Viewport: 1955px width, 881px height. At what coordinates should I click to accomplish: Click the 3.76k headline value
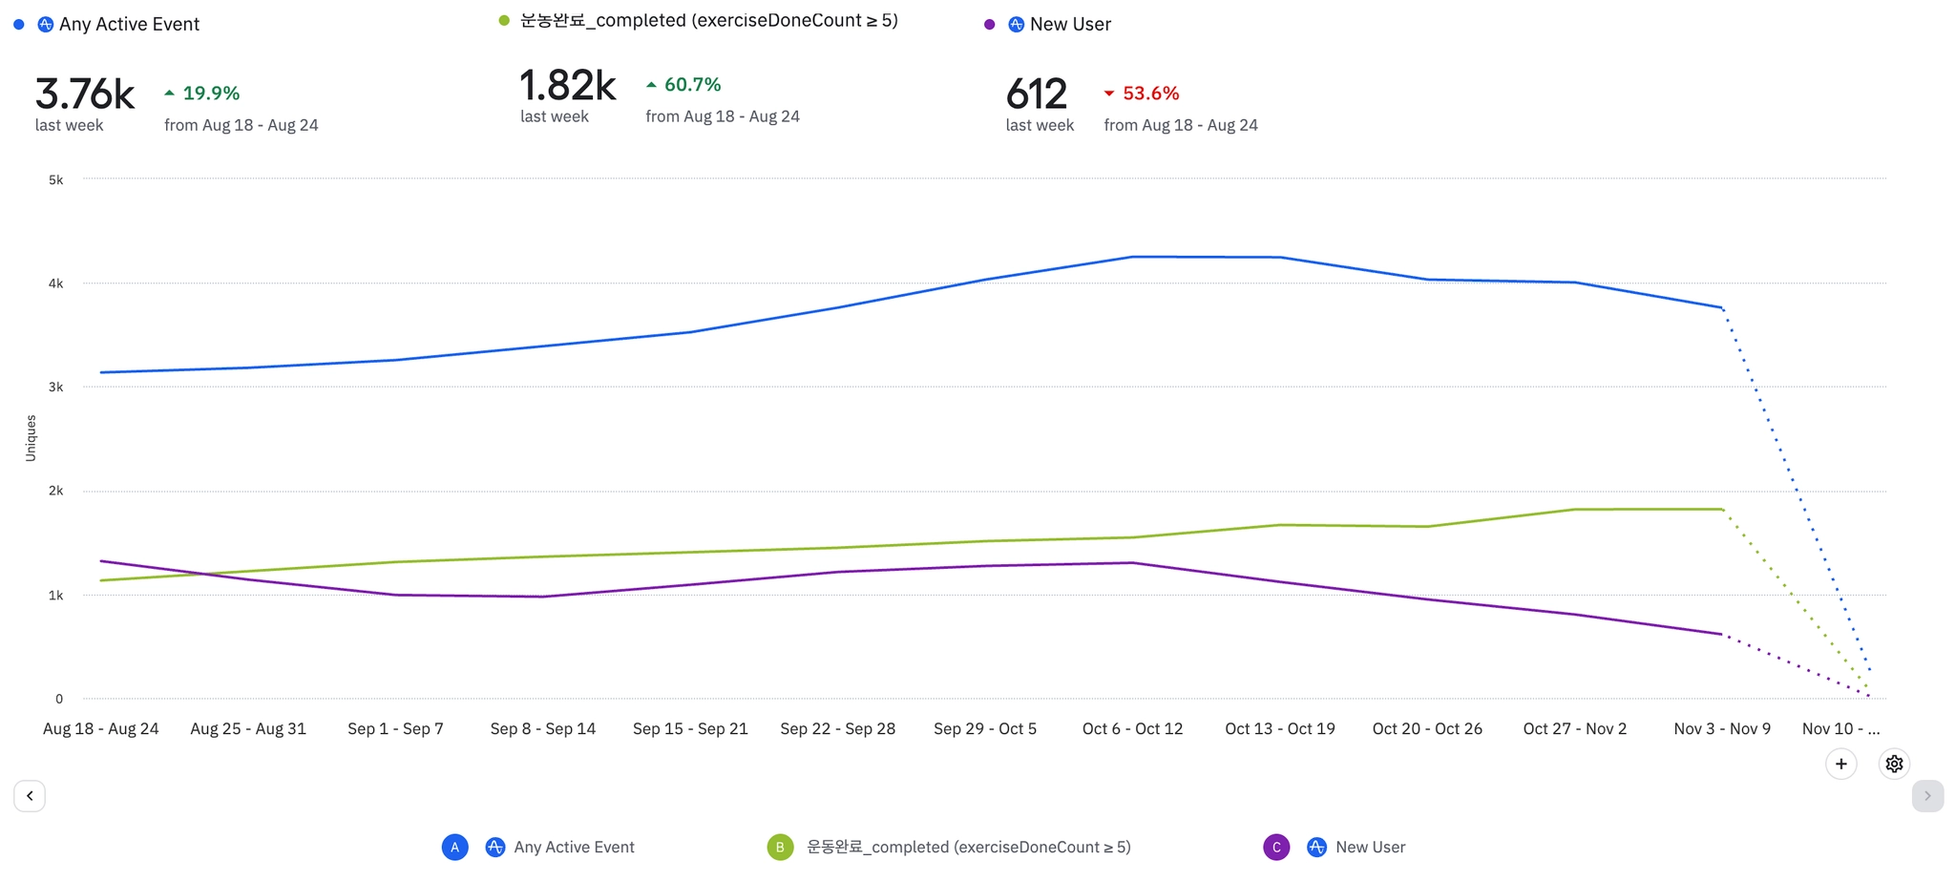(84, 94)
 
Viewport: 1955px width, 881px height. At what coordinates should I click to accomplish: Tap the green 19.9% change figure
(210, 94)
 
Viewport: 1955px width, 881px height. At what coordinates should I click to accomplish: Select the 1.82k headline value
(568, 86)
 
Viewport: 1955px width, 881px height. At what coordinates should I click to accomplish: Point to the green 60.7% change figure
(692, 85)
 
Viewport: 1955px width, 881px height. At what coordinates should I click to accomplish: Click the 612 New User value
(1036, 94)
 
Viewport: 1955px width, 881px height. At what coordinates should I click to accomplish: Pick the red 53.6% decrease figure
(1150, 94)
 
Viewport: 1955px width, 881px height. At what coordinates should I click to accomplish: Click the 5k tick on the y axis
(56, 179)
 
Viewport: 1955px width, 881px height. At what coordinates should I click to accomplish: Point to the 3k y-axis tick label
(56, 387)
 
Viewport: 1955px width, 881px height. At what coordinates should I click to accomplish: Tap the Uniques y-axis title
(31, 438)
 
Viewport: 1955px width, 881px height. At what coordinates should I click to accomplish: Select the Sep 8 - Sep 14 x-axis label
(543, 728)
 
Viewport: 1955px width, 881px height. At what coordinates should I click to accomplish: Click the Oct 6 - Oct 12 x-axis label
(1132, 728)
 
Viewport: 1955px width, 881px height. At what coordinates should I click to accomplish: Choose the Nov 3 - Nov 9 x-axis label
(1722, 728)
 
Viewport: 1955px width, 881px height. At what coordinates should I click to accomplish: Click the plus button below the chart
(1841, 764)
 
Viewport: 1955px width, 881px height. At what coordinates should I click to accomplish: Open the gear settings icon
(1895, 764)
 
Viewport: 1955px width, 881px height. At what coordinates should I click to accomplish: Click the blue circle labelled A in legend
(455, 847)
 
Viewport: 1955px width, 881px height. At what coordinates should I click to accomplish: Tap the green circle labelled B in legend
(780, 847)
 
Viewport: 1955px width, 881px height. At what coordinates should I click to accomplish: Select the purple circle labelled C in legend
(1276, 847)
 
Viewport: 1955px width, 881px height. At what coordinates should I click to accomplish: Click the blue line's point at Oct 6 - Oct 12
(1132, 257)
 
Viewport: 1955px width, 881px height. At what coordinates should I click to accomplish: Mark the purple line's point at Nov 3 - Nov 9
(1722, 634)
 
